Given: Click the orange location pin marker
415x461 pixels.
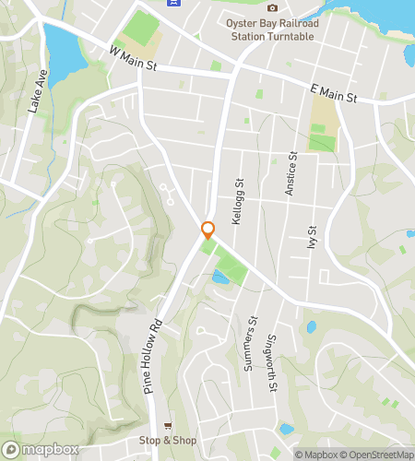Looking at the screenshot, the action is pyautogui.click(x=208, y=230).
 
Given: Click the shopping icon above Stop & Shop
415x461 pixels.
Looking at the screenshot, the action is pyautogui.click(x=167, y=426).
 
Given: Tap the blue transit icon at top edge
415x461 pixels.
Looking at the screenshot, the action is pyautogui.click(x=172, y=4).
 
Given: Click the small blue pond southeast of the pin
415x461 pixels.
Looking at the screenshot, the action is pyautogui.click(x=221, y=276).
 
